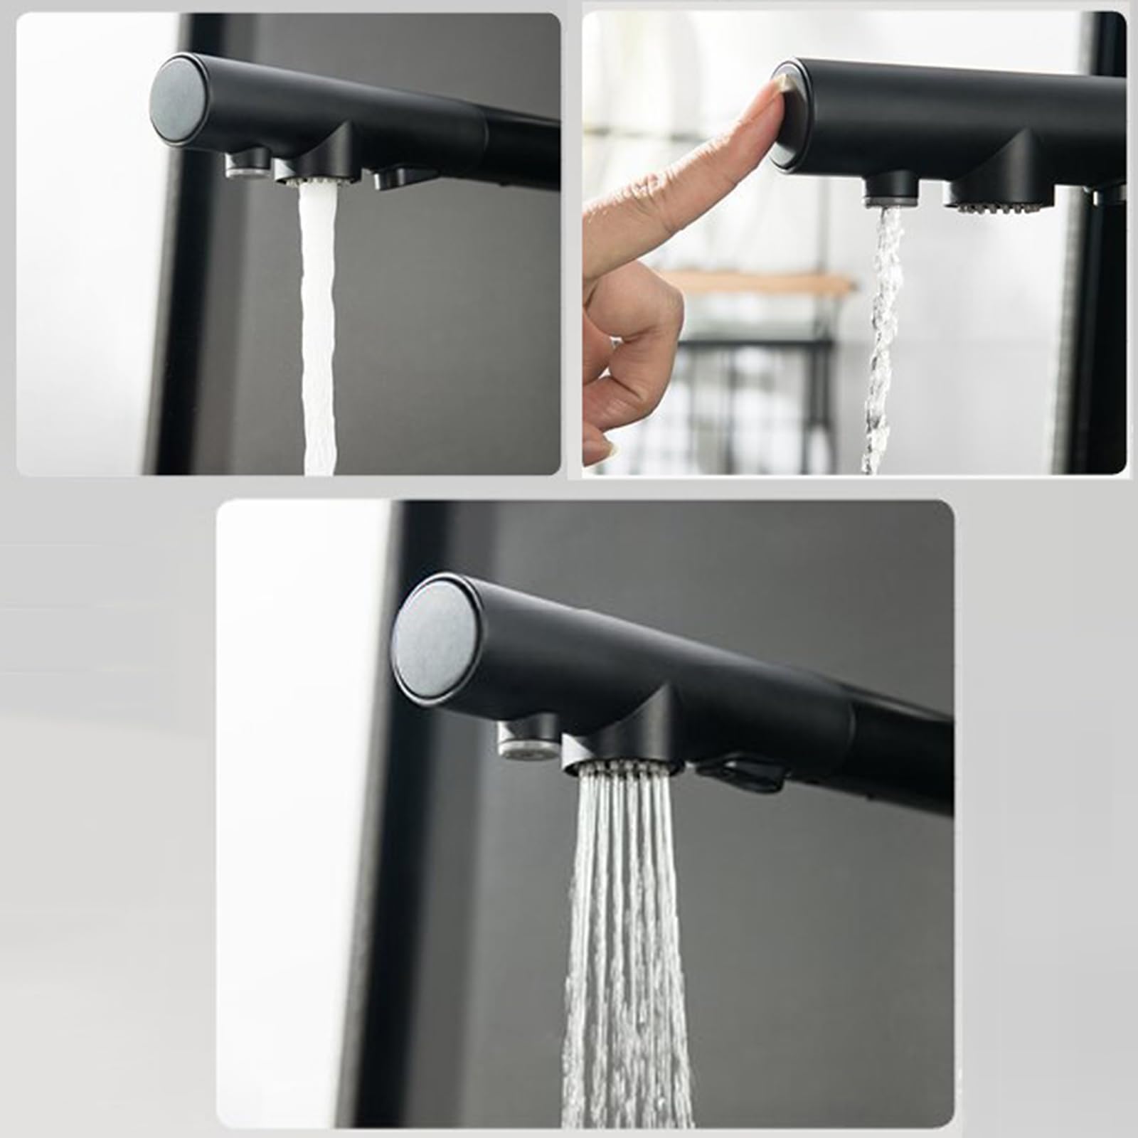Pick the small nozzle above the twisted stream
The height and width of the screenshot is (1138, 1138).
click(x=891, y=191)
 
